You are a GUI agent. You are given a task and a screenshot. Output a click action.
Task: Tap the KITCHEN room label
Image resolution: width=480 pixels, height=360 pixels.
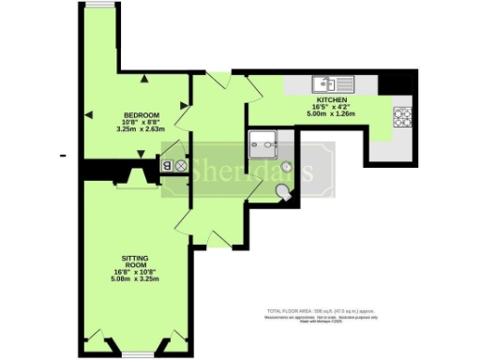click(x=332, y=99)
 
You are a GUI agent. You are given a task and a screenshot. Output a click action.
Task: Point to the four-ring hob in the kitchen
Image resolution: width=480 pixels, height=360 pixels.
click(x=404, y=117)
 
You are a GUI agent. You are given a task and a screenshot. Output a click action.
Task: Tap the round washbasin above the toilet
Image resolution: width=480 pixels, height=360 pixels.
click(x=285, y=172)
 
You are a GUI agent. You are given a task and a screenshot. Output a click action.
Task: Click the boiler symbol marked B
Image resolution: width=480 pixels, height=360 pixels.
click(x=168, y=166)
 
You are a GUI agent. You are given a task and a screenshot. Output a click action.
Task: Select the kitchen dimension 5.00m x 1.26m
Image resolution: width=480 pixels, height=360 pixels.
click(x=332, y=114)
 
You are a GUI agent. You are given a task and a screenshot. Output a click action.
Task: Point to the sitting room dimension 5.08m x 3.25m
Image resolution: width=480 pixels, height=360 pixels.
click(x=135, y=278)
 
